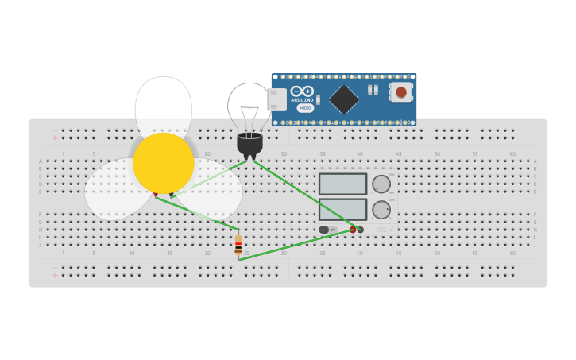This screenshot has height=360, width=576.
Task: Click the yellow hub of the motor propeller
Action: pos(163,163)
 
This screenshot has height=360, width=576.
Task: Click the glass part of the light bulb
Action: pos(249,107)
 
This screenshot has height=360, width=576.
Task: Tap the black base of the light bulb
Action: pos(249,144)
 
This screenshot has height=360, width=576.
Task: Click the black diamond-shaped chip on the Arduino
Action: pos(344,99)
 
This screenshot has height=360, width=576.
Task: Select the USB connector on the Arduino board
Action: pos(276,99)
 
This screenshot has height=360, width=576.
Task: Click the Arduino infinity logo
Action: pos(302,91)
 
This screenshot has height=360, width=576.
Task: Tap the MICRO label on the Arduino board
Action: pos(305,108)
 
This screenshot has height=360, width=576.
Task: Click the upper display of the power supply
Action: pos(342,184)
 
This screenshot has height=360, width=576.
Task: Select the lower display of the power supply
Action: pos(342,209)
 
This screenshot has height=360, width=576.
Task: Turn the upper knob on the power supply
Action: pos(381,184)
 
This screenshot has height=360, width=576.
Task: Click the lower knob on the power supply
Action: pos(381,210)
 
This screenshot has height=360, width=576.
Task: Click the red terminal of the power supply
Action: pos(353,230)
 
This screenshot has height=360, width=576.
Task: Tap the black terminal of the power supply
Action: pos(361,230)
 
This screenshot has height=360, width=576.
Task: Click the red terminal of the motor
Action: pos(156,195)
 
